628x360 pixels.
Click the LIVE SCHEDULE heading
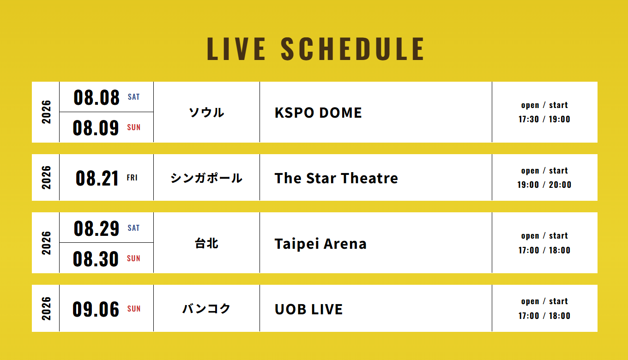pyautogui.click(x=315, y=49)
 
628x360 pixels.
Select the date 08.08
pyautogui.click(x=97, y=97)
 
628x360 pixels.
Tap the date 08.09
pyautogui.click(x=96, y=128)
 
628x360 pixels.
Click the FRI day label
pyautogui.click(x=132, y=178)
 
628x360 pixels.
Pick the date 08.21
pyautogui.click(x=97, y=178)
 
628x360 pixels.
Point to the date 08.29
pyautogui.click(x=97, y=228)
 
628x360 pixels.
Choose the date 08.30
pyautogui.click(x=96, y=258)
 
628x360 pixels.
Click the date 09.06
pyautogui.click(x=96, y=309)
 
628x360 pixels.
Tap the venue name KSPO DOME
pyautogui.click(x=318, y=113)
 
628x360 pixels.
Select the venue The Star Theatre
pyautogui.click(x=336, y=178)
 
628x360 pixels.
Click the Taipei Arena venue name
pyautogui.click(x=320, y=244)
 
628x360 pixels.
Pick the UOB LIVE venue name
pyautogui.click(x=308, y=309)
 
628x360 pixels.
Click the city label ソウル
pyautogui.click(x=206, y=113)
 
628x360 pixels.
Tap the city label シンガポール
pyautogui.click(x=206, y=178)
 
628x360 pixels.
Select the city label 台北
pyautogui.click(x=206, y=243)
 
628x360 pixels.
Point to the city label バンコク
pyautogui.click(x=206, y=309)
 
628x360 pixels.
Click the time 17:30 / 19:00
pyautogui.click(x=544, y=119)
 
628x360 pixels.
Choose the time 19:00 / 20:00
pyautogui.click(x=544, y=185)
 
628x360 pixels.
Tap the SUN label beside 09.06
pyautogui.click(x=134, y=309)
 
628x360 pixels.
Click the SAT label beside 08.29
pyautogui.click(x=133, y=228)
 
